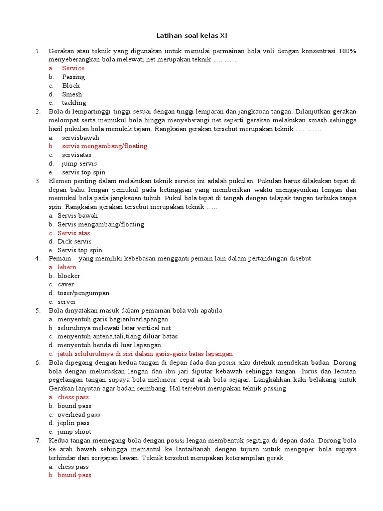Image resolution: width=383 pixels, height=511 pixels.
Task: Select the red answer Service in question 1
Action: point(73,68)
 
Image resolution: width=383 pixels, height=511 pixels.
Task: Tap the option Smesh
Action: point(72,94)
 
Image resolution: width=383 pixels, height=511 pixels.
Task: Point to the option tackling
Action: point(74,103)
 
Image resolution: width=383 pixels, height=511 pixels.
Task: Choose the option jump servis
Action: point(79,164)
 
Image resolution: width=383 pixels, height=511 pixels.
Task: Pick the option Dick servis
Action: point(74,242)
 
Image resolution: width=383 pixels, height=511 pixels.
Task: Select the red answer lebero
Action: point(67,267)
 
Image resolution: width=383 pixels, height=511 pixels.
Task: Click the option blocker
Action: point(69,276)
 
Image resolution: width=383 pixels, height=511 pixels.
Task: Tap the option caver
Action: point(66,284)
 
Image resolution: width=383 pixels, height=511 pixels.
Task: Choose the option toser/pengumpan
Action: point(83,293)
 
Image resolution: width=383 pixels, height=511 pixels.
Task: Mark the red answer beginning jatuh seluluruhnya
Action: point(145,354)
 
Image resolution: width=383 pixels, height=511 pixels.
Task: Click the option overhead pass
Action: point(79,415)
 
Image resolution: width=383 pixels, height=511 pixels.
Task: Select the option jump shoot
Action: point(74,432)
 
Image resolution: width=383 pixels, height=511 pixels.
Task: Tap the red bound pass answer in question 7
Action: point(74,475)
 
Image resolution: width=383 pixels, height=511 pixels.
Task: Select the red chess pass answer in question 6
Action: point(73,397)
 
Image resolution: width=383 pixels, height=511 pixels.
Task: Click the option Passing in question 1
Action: point(73,77)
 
